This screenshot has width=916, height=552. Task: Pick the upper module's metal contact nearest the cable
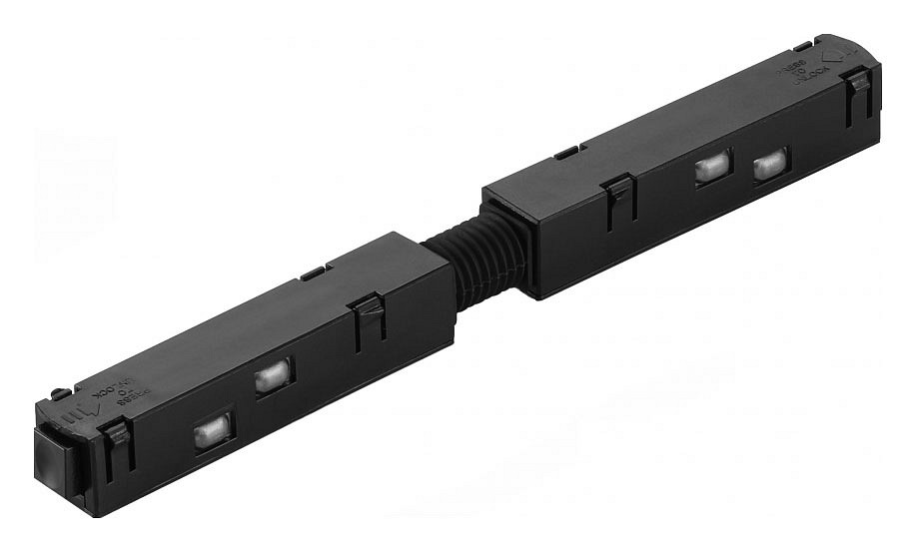(712, 168)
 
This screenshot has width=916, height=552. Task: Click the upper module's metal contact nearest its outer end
(770, 164)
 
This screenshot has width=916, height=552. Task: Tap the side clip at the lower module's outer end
(118, 444)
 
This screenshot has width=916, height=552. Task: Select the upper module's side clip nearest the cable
(619, 200)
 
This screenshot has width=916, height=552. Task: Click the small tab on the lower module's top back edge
(313, 272)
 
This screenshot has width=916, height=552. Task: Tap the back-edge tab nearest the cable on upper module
(565, 153)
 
